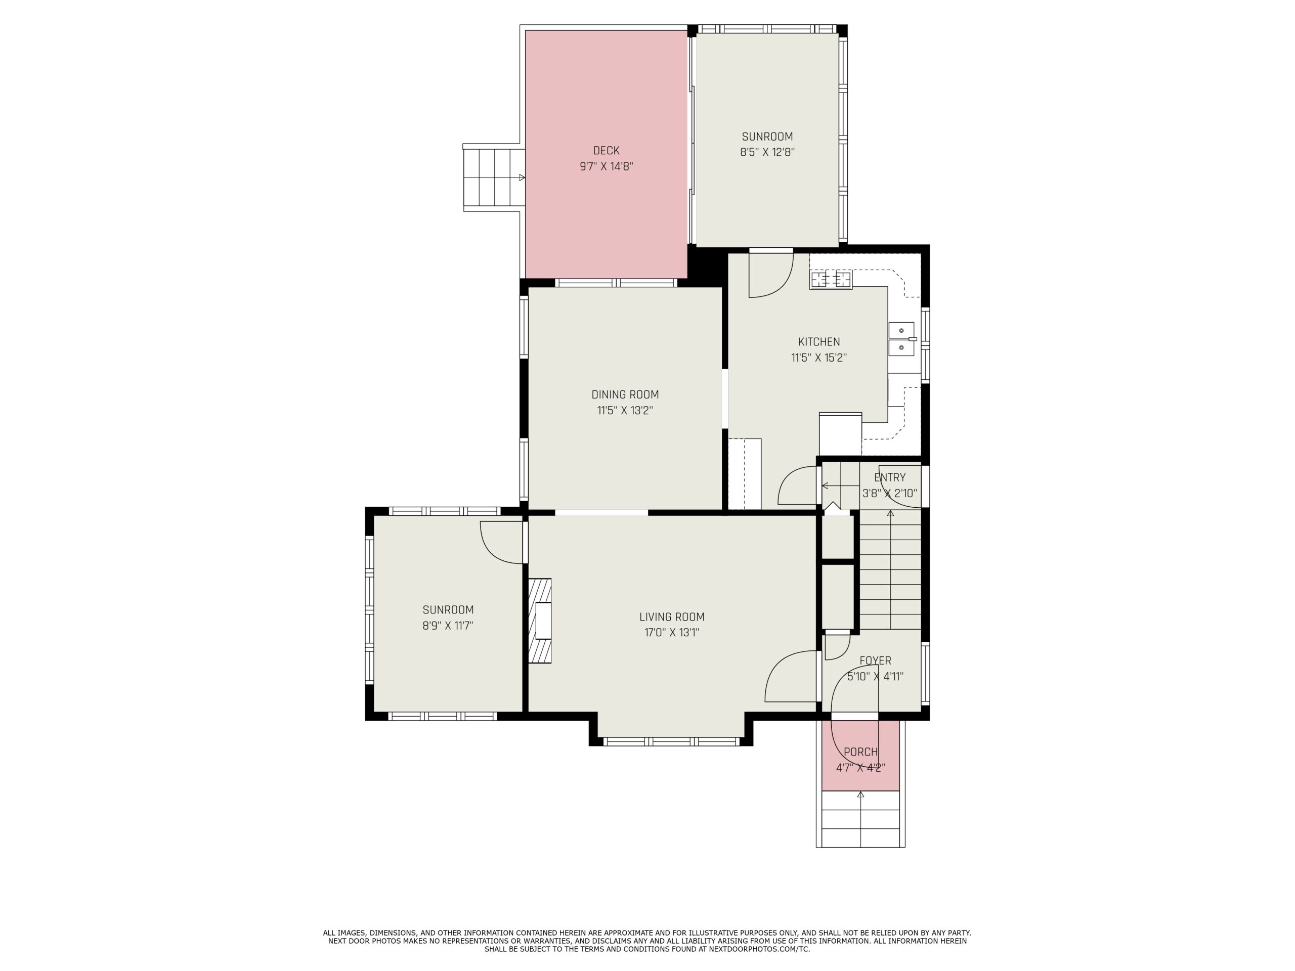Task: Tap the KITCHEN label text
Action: pos(819,342)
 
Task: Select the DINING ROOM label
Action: pos(625,394)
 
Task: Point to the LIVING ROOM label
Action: pos(671,617)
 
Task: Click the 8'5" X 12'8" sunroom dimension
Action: pos(767,152)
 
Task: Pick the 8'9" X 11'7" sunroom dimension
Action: pos(448,625)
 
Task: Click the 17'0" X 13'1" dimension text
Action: pos(671,632)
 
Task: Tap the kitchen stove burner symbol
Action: pos(831,280)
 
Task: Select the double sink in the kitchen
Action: pos(902,339)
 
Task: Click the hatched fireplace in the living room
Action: pos(540,621)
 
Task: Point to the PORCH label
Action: pos(860,752)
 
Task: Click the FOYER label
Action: pos(875,661)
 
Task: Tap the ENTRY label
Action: pos(890,477)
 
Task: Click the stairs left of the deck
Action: pos(494,178)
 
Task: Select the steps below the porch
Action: pos(860,819)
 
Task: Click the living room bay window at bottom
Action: pos(671,741)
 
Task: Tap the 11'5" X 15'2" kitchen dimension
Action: pos(819,358)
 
